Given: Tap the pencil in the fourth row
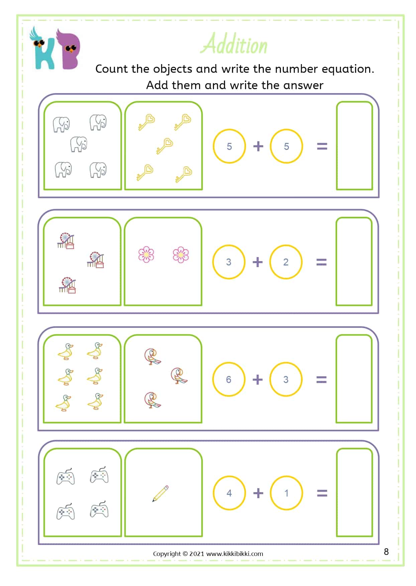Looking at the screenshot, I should [x=161, y=494].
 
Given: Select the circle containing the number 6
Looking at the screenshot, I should [x=229, y=379].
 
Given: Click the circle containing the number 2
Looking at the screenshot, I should [x=286, y=262].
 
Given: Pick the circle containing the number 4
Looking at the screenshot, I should [x=229, y=493].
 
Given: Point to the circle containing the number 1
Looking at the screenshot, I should [x=286, y=493].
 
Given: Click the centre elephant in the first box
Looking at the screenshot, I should [x=79, y=144].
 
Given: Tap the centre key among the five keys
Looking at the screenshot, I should [x=164, y=146].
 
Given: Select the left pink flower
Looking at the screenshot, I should [x=146, y=254].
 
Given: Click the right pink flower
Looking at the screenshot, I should [x=181, y=254].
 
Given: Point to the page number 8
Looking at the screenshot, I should [x=386, y=552].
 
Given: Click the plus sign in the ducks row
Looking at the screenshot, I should [x=257, y=379].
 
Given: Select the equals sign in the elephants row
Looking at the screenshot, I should [x=322, y=146].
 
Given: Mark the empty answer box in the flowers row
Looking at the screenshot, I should [x=354, y=261].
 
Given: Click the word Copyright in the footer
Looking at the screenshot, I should [x=167, y=554].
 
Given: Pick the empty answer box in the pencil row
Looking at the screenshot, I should [x=354, y=492].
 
